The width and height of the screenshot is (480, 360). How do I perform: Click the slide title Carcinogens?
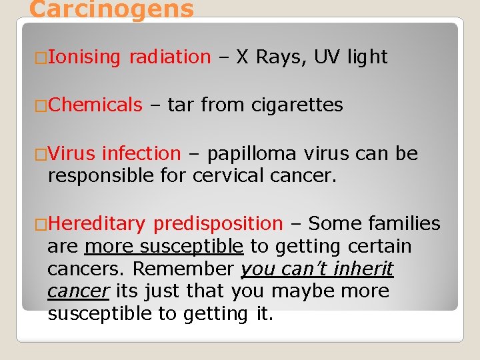pyautogui.click(x=111, y=9)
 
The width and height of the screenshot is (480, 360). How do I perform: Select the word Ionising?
pyautogui.click(x=84, y=57)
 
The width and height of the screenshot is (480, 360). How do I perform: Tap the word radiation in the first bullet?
pyautogui.click(x=170, y=57)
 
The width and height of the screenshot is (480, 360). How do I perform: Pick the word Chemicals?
pyautogui.click(x=95, y=105)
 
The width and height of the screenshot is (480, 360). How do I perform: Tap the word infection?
pyautogui.click(x=141, y=153)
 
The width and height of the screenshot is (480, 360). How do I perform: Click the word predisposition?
pyautogui.click(x=218, y=223)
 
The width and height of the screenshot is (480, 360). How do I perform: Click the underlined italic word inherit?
pyautogui.click(x=365, y=269)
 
